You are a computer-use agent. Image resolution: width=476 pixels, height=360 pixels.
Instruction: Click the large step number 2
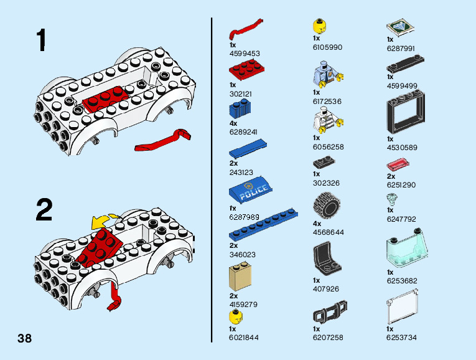click(x=44, y=209)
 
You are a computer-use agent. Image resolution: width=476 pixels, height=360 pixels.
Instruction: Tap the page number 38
click(x=25, y=339)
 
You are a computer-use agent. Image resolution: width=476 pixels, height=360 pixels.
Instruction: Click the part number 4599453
click(x=245, y=54)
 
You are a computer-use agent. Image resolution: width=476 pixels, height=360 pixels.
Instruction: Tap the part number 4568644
click(x=328, y=232)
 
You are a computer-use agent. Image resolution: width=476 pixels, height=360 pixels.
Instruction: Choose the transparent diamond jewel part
click(x=393, y=199)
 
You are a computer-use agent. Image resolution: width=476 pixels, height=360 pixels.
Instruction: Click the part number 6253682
click(x=401, y=281)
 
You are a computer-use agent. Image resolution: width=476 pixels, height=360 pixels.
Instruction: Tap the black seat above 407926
click(x=325, y=258)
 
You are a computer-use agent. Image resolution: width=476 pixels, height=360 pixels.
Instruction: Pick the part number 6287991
click(x=401, y=48)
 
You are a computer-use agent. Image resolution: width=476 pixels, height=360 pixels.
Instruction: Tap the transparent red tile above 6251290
click(x=398, y=166)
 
